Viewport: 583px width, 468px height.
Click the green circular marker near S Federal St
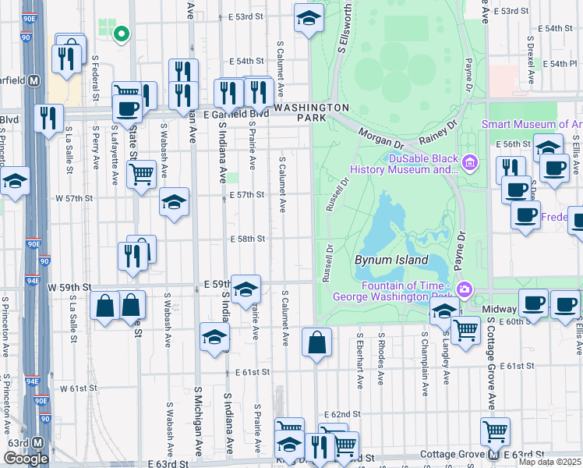pos(120,34)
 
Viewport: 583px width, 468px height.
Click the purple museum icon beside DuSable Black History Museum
pos(469,163)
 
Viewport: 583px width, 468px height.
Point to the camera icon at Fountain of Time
pos(464,289)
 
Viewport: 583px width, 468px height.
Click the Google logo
pos(26,459)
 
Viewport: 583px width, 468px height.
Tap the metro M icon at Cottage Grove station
pos(493,455)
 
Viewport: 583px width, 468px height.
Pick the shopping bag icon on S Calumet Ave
pos(316,342)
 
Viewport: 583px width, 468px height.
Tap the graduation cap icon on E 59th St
pos(246,289)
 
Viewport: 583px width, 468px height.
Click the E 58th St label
pos(247,239)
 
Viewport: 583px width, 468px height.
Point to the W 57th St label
pos(74,199)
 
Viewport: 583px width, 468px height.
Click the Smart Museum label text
pos(532,124)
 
